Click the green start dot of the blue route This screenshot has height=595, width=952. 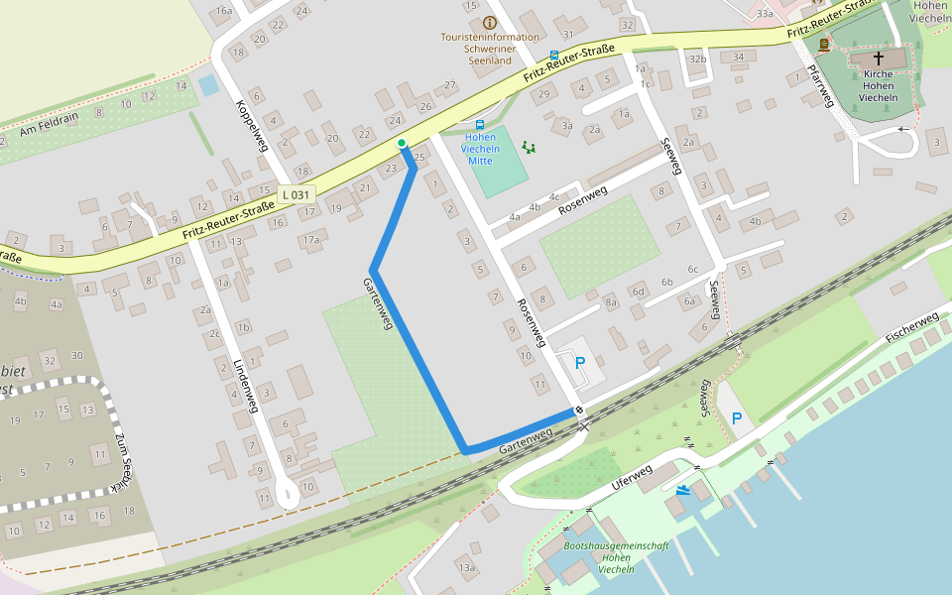pyautogui.click(x=402, y=144)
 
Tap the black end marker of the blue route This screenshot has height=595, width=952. pyautogui.click(x=578, y=410)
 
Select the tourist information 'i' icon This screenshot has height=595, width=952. pyautogui.click(x=489, y=22)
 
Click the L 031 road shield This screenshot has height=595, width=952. pyautogui.click(x=297, y=195)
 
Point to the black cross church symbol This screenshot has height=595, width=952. pyautogui.click(x=878, y=59)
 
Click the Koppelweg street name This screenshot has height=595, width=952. pyautogui.click(x=252, y=124)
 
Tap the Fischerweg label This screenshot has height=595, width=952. pyautogui.click(x=911, y=327)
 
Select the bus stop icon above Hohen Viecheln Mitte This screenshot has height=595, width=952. pyautogui.click(x=480, y=126)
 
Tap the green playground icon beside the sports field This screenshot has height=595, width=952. pyautogui.click(x=529, y=148)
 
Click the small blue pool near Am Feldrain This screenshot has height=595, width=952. pyautogui.click(x=208, y=85)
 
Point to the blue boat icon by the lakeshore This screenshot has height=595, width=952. pyautogui.click(x=683, y=489)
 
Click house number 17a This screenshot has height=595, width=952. pyautogui.click(x=313, y=239)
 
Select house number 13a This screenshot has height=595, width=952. pyautogui.click(x=467, y=567)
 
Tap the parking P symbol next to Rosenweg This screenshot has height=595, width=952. pyautogui.click(x=580, y=363)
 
